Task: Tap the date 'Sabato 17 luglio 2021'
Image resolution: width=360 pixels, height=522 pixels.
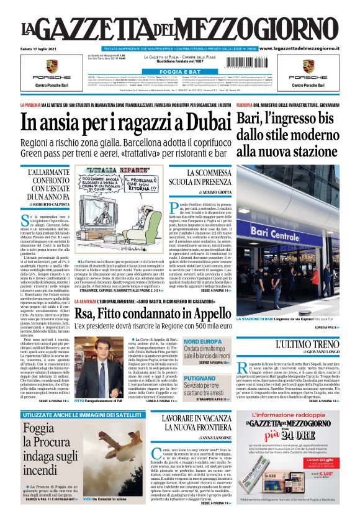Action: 38,48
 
